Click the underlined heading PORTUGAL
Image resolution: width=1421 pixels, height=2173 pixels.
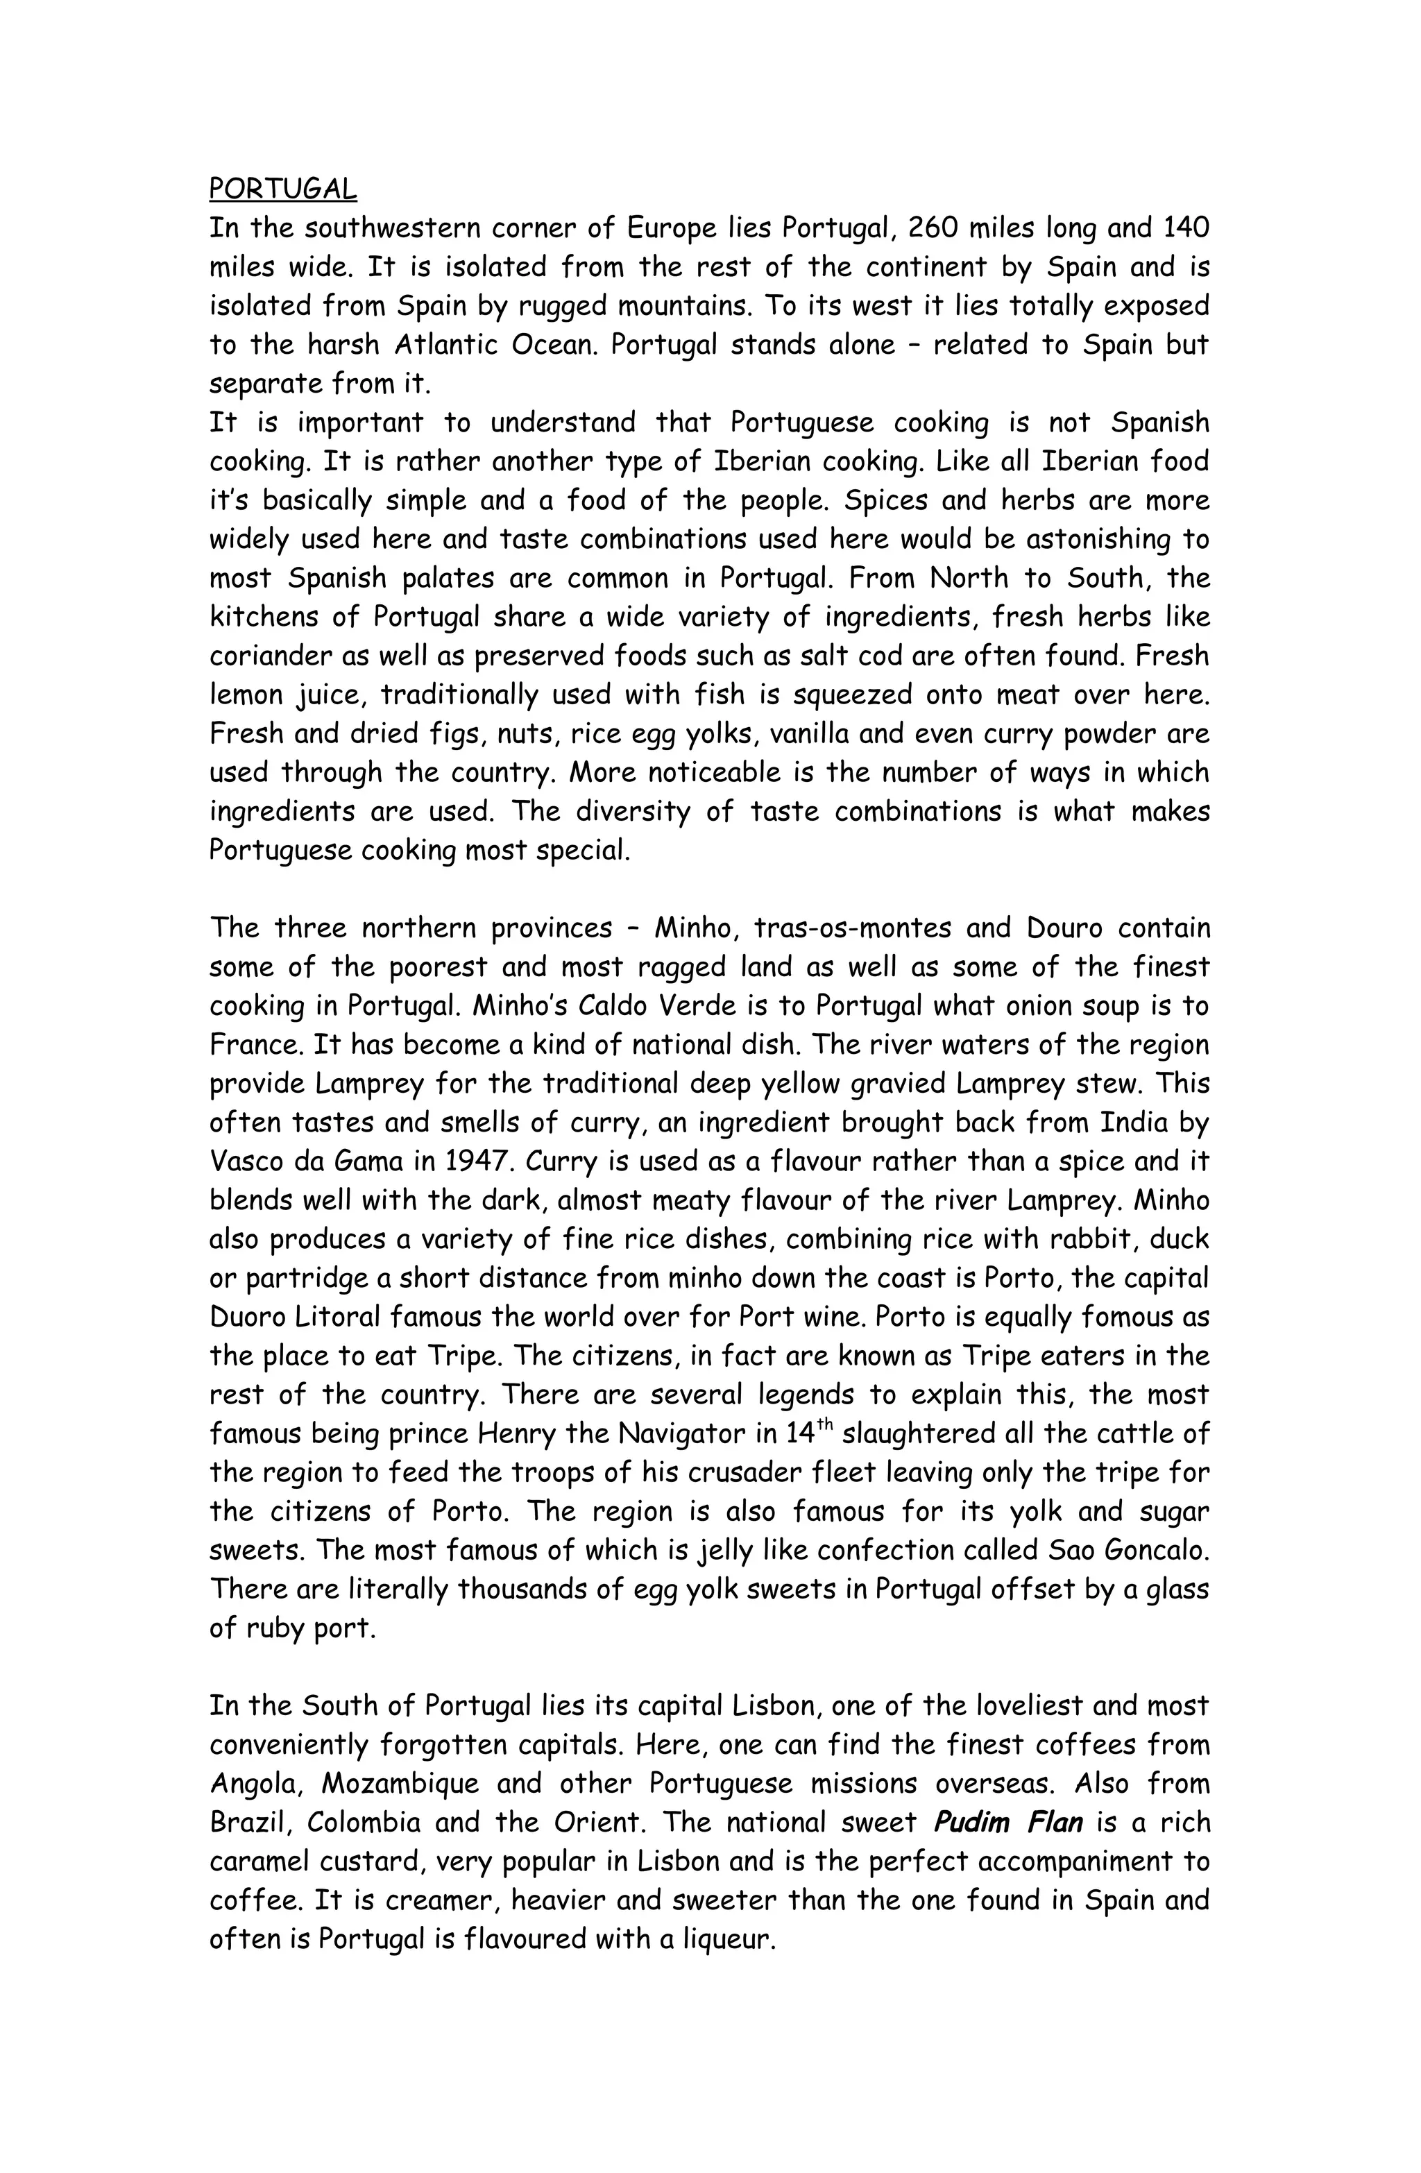point(283,188)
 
